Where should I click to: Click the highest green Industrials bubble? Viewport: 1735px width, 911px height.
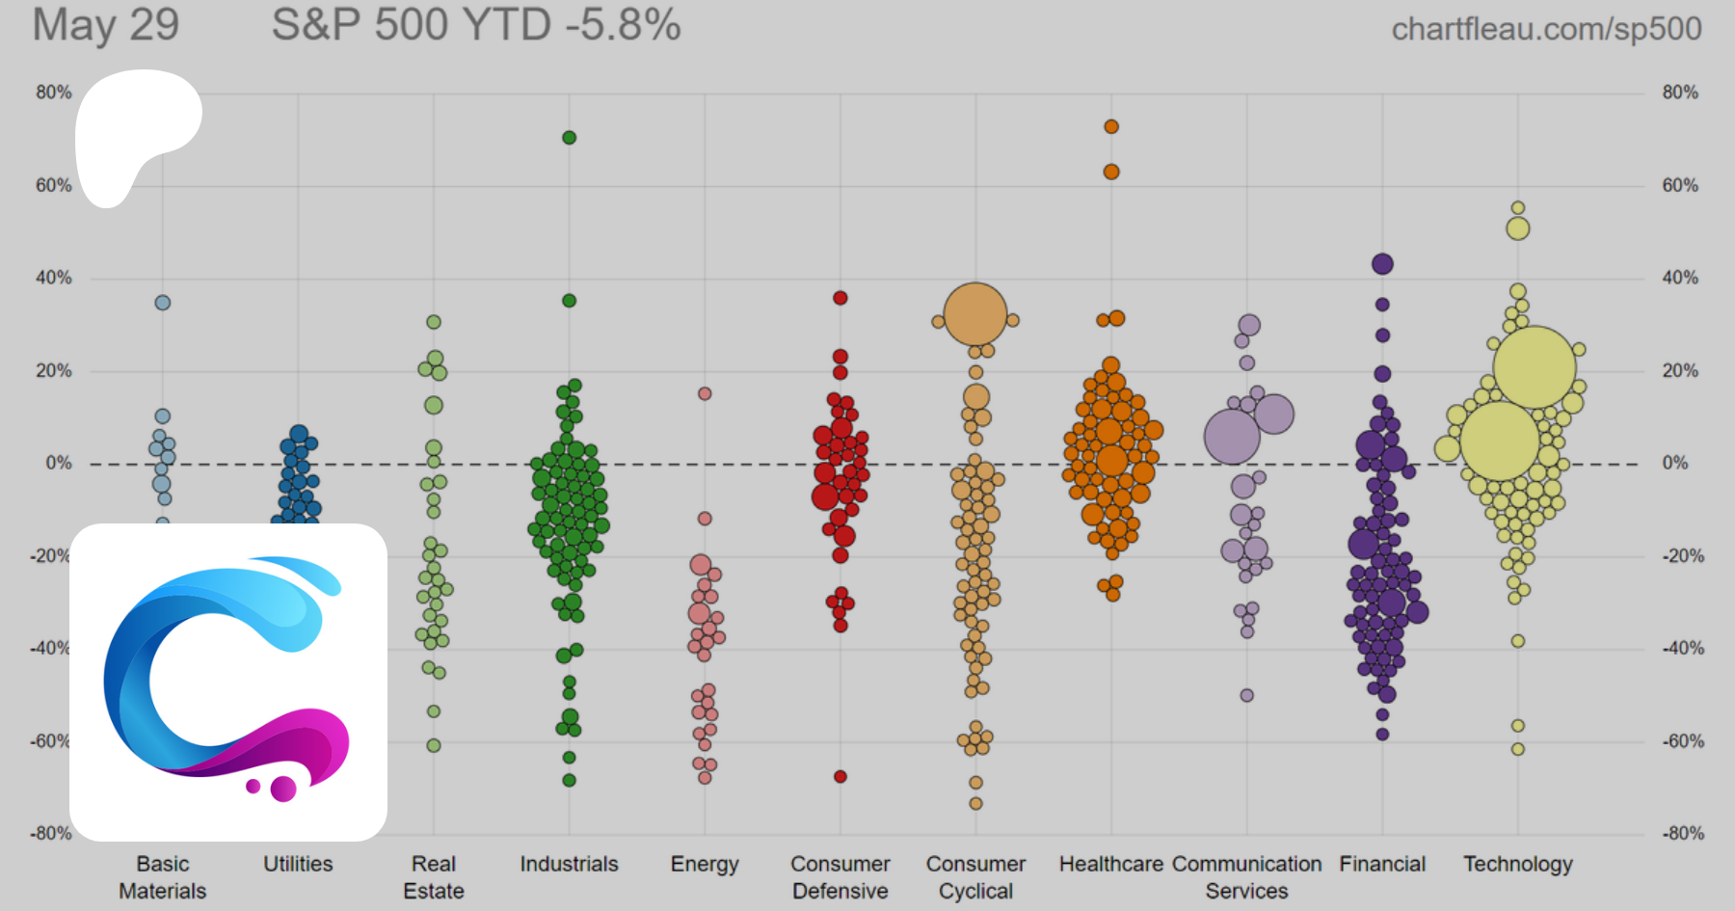point(569,138)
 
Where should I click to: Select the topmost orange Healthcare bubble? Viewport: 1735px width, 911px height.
point(1111,127)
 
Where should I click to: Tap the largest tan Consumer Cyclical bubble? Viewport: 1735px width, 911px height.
point(975,314)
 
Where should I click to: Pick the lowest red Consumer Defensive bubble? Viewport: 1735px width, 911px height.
point(841,776)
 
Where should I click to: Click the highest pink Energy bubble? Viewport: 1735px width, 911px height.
point(705,393)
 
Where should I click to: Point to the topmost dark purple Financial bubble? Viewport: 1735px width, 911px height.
point(1382,264)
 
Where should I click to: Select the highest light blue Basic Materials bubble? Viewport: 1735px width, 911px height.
point(163,303)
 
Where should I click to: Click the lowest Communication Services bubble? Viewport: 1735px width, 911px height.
point(1246,695)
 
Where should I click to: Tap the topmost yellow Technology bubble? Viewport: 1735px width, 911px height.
point(1518,208)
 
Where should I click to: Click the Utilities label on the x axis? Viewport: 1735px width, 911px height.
point(298,864)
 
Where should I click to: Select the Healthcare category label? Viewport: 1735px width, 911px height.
point(1110,864)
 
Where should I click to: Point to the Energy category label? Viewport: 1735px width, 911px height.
point(705,864)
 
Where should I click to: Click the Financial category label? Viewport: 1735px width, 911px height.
point(1382,864)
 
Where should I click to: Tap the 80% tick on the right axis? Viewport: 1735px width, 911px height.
point(1680,93)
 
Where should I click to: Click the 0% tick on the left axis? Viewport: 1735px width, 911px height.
point(59,464)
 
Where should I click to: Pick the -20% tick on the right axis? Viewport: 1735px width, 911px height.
point(1682,556)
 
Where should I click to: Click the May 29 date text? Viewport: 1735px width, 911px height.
point(106,25)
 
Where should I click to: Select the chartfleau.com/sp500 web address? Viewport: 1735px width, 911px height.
point(1546,29)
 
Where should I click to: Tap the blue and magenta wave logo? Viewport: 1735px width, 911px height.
point(228,682)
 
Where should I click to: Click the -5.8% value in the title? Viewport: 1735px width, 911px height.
point(623,25)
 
